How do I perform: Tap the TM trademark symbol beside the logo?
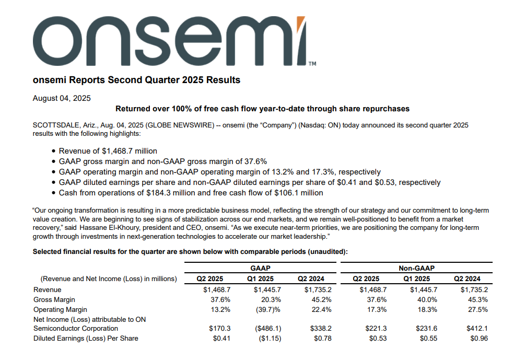312,64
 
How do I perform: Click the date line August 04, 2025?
62,98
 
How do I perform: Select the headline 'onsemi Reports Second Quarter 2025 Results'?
137,80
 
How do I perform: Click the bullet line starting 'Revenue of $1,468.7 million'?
108,151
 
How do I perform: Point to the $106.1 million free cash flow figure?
299,193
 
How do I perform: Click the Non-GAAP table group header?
416,268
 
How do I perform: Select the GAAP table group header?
260,268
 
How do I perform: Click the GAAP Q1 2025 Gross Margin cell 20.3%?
271,300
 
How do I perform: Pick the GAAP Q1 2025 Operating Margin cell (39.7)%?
268,310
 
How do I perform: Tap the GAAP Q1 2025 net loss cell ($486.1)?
268,329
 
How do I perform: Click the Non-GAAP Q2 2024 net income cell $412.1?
477,329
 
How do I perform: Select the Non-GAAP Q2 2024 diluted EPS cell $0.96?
479,339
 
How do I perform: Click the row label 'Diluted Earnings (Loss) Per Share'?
86,339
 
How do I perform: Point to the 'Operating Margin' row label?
60,310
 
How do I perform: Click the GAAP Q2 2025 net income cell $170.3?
220,329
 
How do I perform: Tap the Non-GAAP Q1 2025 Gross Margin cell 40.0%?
427,300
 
